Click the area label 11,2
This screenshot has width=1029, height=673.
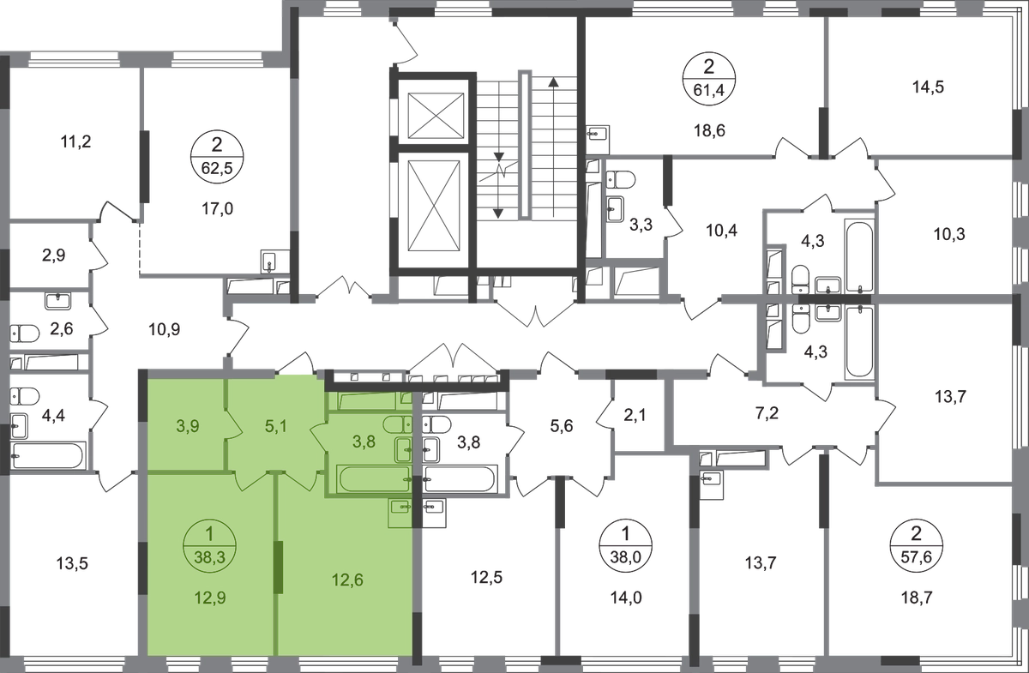tap(75, 141)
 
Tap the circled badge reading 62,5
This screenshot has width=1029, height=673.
tap(217, 157)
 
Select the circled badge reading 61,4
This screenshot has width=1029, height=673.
tap(709, 79)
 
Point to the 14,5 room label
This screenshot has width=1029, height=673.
tap(928, 87)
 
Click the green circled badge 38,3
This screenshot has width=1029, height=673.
tap(209, 546)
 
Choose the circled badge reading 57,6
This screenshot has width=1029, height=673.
tap(916, 546)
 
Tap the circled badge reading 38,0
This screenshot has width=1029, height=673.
tap(626, 546)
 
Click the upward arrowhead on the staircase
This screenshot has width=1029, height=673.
tap(554, 82)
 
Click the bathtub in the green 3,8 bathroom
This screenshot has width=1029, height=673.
tap(374, 478)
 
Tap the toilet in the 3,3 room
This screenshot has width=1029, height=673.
tap(620, 180)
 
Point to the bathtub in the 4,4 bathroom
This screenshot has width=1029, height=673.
tap(48, 455)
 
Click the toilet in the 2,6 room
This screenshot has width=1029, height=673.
tap(25, 333)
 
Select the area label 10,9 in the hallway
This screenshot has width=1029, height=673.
tap(164, 329)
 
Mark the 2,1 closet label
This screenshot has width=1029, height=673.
tap(635, 415)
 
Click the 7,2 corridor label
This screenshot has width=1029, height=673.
tap(767, 413)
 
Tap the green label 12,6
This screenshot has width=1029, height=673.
tap(347, 580)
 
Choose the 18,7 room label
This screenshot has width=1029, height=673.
tap(917, 598)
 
